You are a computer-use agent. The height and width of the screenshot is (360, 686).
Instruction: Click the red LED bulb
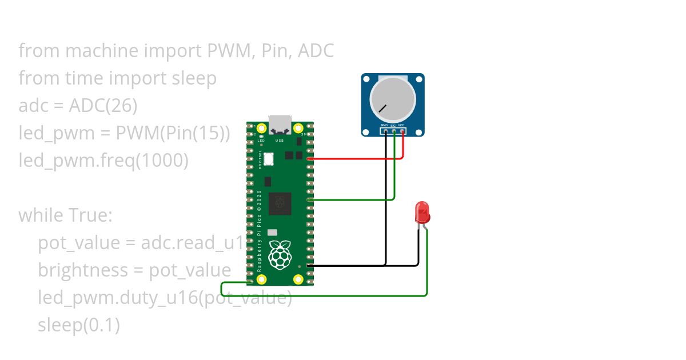pos(422,213)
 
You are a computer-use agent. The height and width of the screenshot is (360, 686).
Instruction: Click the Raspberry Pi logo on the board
pos(280,255)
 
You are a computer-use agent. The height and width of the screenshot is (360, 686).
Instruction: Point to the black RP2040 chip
pos(280,203)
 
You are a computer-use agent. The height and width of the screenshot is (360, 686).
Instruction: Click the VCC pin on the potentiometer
pos(402,131)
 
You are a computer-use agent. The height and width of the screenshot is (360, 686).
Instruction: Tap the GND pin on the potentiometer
pos(386,131)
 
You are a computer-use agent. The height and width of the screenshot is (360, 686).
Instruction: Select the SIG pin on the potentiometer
pos(394,131)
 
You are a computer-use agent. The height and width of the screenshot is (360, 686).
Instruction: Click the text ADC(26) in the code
pos(103,106)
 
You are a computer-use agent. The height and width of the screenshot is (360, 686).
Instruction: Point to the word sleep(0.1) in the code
pos(79,325)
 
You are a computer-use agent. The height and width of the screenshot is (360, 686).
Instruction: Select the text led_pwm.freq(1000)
pos(103,161)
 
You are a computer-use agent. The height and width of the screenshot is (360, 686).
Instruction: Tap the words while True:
pos(66,215)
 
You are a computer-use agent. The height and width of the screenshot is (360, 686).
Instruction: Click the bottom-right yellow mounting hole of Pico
pos(298,279)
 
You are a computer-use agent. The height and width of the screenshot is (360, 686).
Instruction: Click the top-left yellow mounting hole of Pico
pos(262,128)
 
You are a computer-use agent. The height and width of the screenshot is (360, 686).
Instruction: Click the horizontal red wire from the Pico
pos(354,158)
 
